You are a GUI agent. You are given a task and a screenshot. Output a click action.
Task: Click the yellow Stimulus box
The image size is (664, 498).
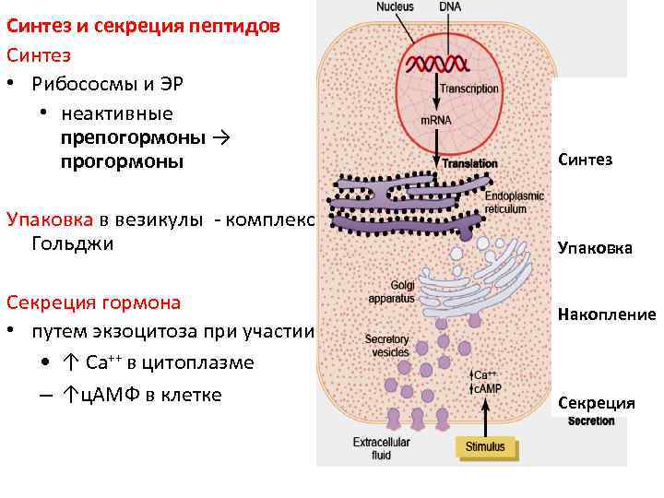tap(486, 447)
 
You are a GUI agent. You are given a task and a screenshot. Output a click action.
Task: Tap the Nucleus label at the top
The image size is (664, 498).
tap(396, 6)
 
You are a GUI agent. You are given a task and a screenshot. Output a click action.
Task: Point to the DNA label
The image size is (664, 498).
tap(451, 6)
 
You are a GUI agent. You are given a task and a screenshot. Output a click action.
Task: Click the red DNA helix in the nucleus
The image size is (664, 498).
tap(437, 65)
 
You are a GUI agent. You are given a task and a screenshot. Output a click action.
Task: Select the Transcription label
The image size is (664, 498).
tap(469, 89)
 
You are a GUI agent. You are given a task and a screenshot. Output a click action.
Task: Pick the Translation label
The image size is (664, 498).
tap(469, 163)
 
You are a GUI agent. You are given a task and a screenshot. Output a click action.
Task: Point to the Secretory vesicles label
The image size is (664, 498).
tap(386, 345)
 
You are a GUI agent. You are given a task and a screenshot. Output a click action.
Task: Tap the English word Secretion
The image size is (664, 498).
tap(591, 421)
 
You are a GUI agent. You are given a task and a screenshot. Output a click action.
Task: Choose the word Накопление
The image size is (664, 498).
tap(606, 314)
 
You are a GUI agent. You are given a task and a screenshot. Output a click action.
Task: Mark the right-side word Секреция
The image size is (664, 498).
tap(596, 403)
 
